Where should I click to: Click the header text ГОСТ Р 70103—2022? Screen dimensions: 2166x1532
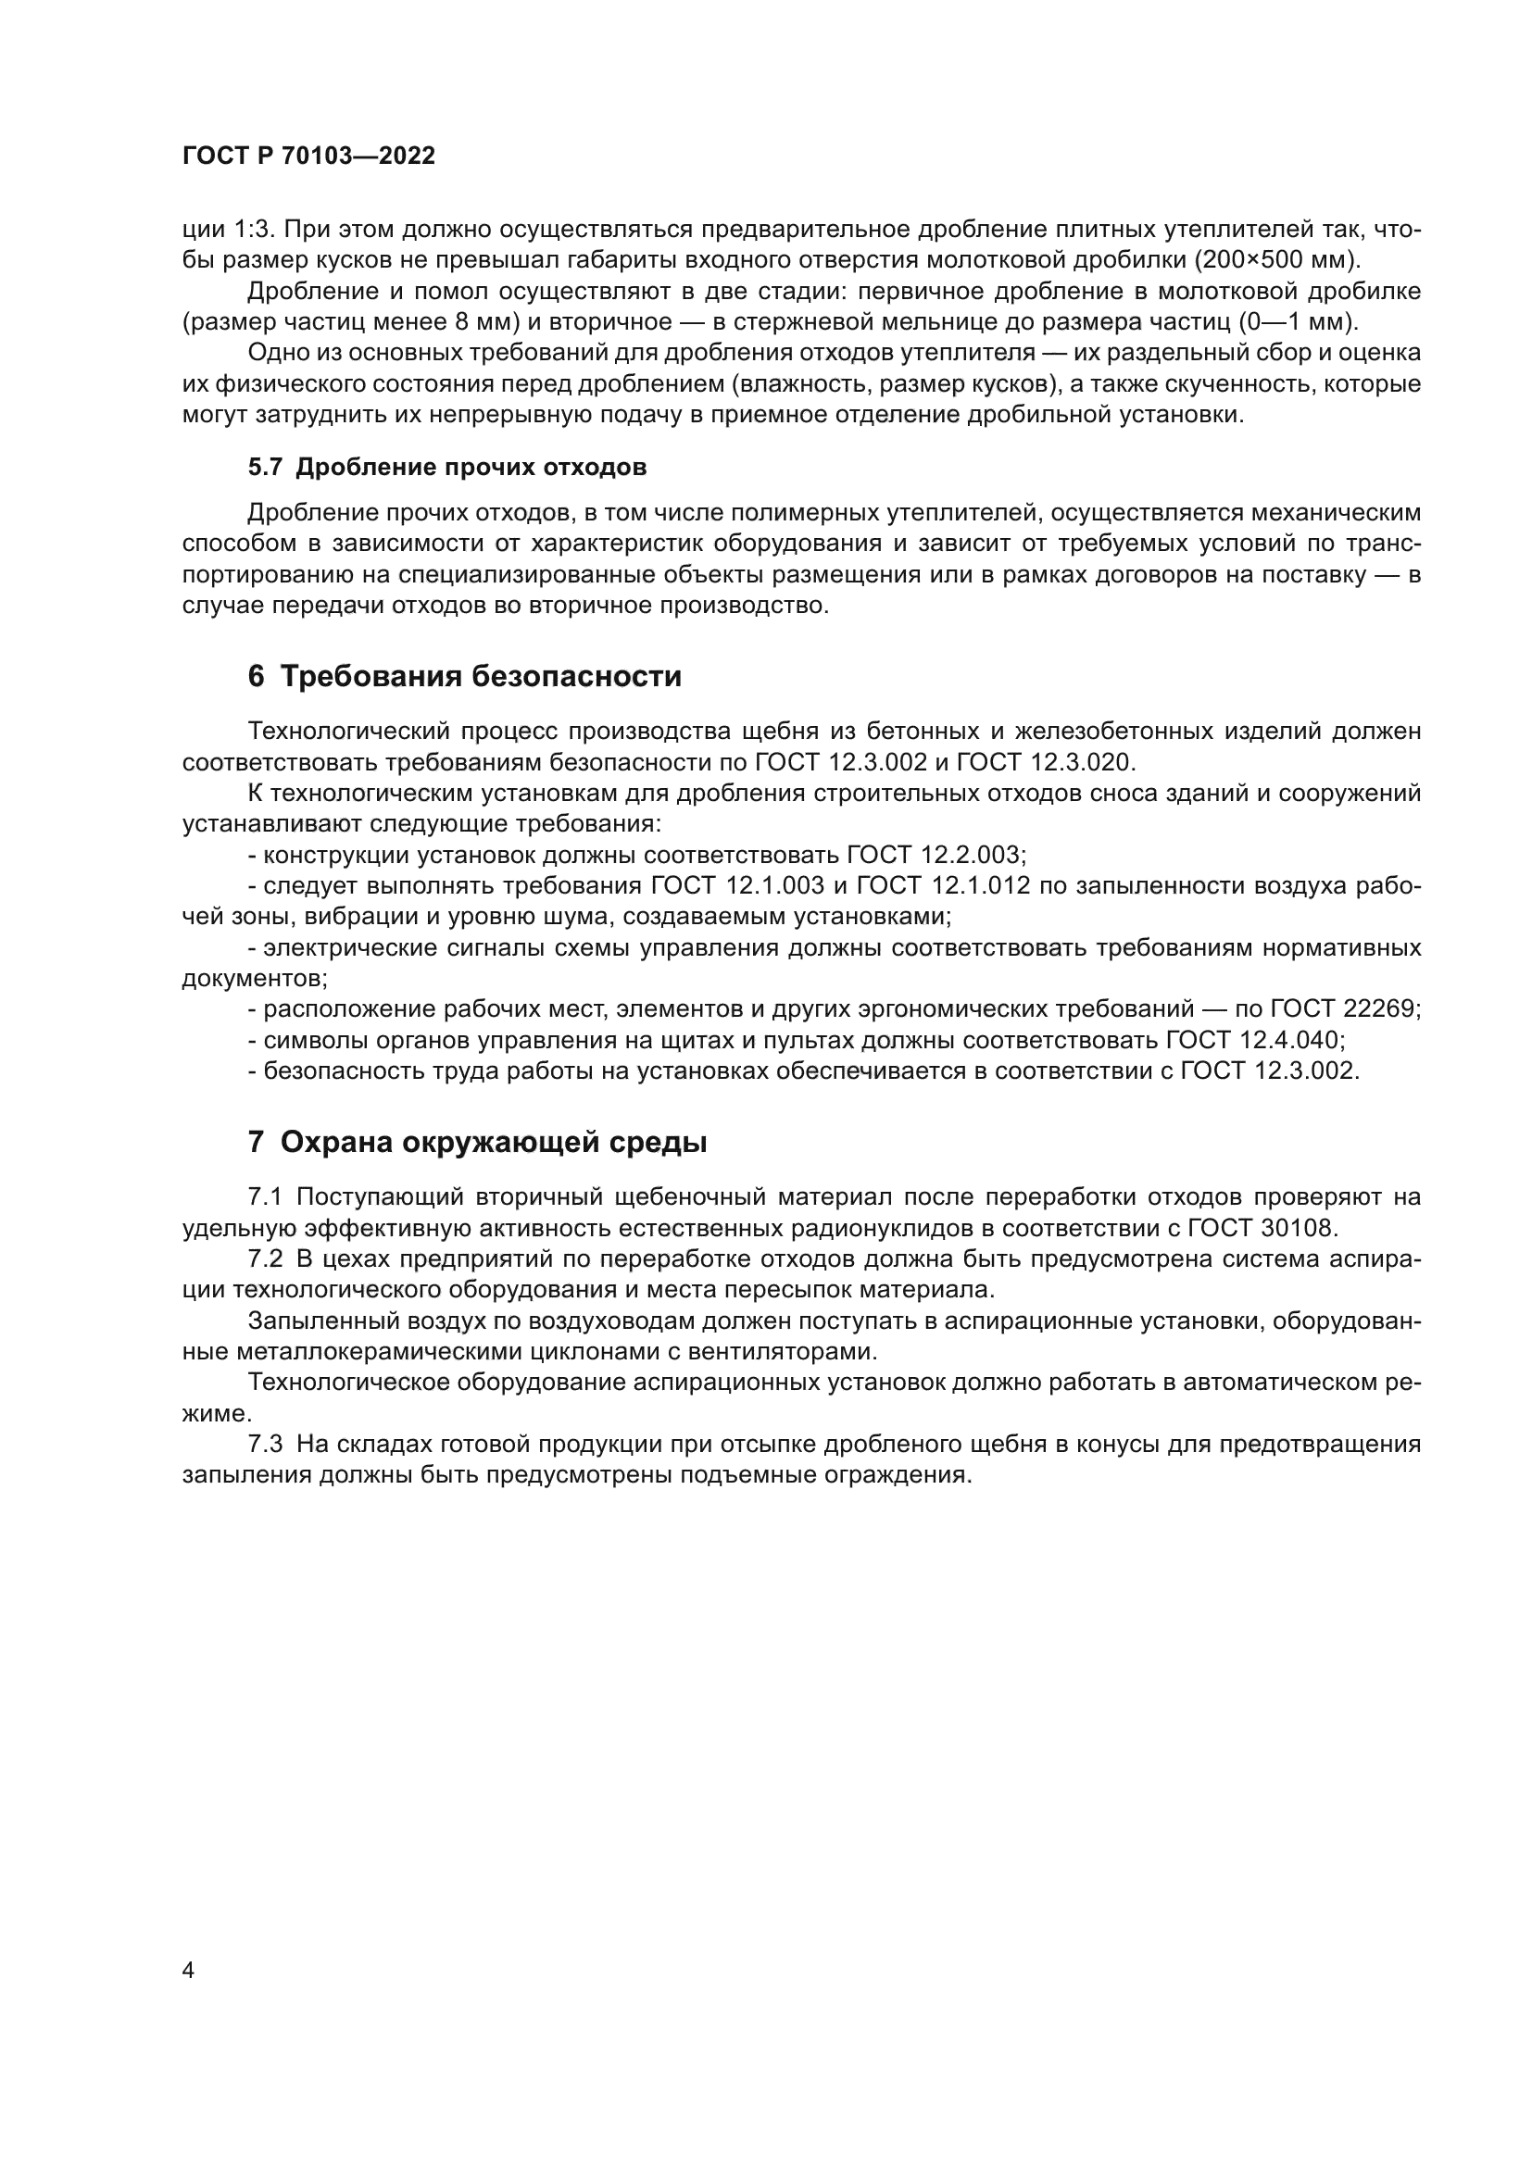(x=308, y=157)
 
